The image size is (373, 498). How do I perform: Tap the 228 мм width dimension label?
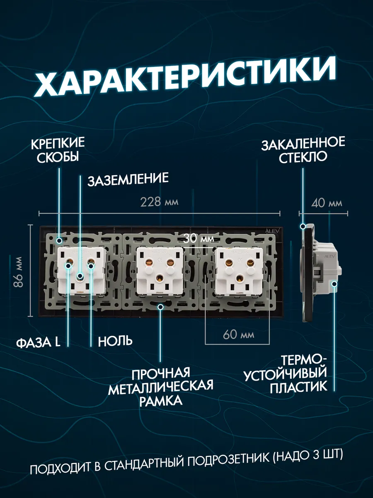pyautogui.click(x=160, y=202)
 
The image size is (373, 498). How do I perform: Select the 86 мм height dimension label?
pyautogui.click(x=18, y=272)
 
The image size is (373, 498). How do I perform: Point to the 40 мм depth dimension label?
pyautogui.click(x=326, y=203)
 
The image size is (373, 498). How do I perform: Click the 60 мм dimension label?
pyautogui.click(x=238, y=334)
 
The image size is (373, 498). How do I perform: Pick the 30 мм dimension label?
pyautogui.click(x=199, y=239)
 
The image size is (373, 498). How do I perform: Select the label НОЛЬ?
pyautogui.click(x=115, y=341)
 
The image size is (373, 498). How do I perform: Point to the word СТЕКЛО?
pyautogui.click(x=303, y=156)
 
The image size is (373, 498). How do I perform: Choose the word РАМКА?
pyautogui.click(x=161, y=401)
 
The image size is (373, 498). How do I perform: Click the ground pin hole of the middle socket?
pyautogui.click(x=160, y=278)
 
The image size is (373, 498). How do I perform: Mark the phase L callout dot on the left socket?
pyautogui.click(x=68, y=266)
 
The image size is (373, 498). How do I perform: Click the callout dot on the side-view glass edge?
pyautogui.click(x=303, y=226)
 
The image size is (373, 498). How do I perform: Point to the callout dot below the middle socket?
pyautogui.click(x=160, y=307)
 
